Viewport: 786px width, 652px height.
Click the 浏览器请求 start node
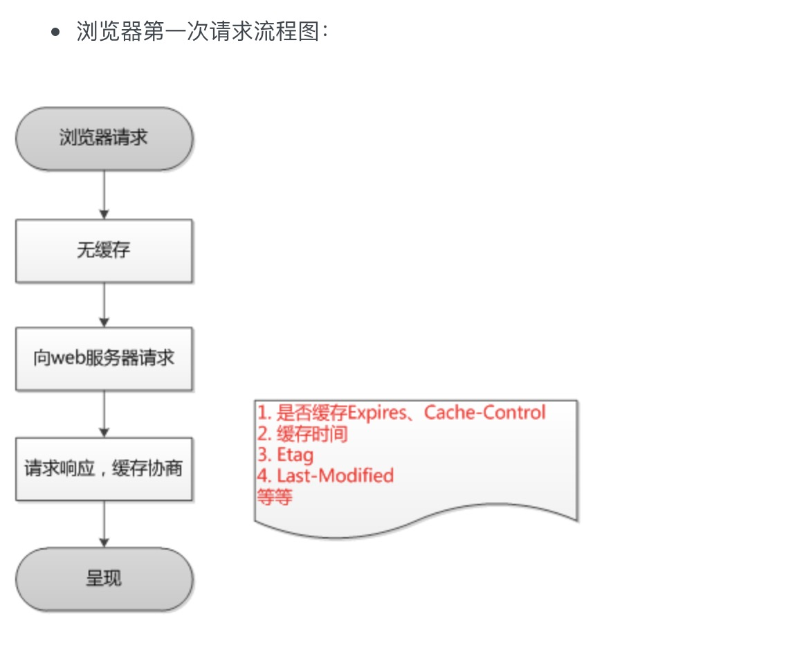(x=104, y=138)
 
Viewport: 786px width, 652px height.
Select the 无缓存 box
(x=104, y=251)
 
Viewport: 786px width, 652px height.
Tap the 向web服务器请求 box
(x=104, y=359)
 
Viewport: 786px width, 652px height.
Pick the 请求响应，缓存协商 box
(x=104, y=469)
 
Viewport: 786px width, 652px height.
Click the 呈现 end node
(x=104, y=579)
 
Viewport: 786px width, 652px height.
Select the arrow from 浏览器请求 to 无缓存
(x=104, y=194)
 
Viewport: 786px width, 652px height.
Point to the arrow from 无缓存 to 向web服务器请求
(x=104, y=305)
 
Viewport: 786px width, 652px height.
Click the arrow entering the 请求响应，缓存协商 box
(x=104, y=414)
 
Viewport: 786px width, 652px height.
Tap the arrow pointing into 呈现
(x=104, y=524)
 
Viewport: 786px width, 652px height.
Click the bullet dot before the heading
(x=57, y=33)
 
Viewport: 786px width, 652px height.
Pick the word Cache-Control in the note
(x=485, y=413)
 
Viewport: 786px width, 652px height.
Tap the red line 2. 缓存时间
(x=302, y=435)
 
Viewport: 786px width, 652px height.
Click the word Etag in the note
(x=295, y=455)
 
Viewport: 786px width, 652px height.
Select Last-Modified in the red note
(x=335, y=476)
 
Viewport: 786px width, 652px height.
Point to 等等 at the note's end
(x=275, y=497)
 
